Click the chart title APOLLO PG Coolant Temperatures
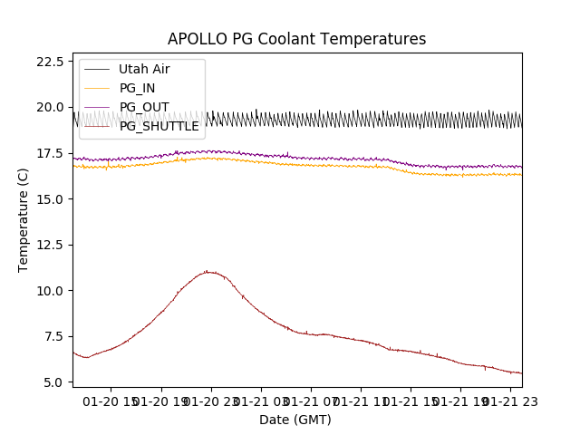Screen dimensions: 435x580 pos(296,39)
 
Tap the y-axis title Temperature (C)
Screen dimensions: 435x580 pos(24,219)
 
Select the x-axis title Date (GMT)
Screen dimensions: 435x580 pos(295,420)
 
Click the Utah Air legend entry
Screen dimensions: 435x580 pos(144,69)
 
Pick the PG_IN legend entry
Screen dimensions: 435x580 pos(138,88)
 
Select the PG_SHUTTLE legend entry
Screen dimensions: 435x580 pos(159,126)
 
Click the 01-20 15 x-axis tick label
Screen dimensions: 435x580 pos(112,401)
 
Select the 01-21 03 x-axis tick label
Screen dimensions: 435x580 pos(261,401)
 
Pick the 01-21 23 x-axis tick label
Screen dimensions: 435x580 pos(509,401)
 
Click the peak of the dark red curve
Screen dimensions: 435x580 pos(208,271)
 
